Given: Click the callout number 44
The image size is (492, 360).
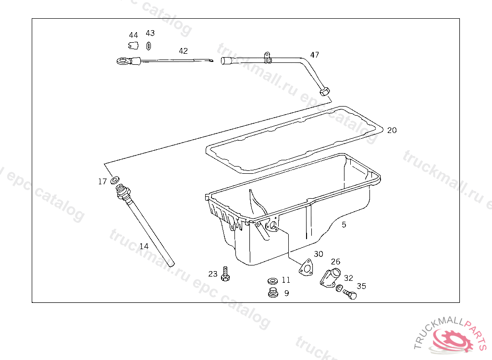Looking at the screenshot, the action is click(134, 35).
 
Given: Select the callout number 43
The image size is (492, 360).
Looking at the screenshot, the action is click(150, 33).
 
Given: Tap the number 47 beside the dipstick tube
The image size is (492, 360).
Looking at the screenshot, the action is click(314, 55).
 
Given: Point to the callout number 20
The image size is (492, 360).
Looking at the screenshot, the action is click(392, 130).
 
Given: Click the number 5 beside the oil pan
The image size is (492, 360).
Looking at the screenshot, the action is click(344, 225).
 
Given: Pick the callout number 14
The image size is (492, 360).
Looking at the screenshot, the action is click(144, 246).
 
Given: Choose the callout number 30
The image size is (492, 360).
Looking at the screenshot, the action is click(319, 254).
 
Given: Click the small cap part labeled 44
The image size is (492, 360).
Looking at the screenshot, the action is click(134, 46).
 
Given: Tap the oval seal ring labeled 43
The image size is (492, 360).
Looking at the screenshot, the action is click(149, 46).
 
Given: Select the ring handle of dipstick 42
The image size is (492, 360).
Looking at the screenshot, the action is click(123, 61).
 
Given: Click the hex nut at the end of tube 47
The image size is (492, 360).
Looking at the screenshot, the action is click(324, 92).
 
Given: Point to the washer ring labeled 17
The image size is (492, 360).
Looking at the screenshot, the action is click(115, 180).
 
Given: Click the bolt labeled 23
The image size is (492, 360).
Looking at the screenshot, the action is click(225, 274).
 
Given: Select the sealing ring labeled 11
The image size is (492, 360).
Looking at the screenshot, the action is click(273, 281).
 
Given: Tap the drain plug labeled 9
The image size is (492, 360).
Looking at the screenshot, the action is click(273, 292).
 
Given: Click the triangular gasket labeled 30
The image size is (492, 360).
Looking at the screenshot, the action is click(306, 268).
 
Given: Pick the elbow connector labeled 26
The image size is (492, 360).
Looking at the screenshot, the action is click(330, 276).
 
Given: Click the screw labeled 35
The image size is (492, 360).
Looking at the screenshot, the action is click(350, 294).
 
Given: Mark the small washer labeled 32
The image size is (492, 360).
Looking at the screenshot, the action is click(339, 288).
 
